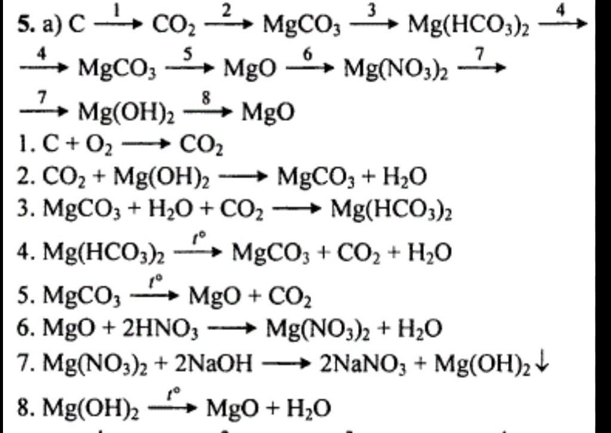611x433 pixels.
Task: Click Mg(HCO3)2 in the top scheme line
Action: click(468, 26)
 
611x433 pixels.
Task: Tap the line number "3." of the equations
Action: click(24, 210)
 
